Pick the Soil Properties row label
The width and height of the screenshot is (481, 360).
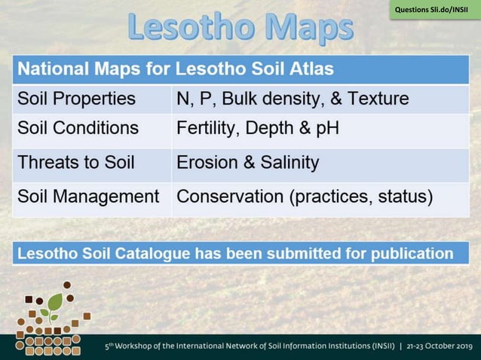pyautogui.click(x=76, y=99)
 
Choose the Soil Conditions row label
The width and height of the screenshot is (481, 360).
pyautogui.click(x=78, y=128)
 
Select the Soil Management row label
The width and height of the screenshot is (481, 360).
pyautogui.click(x=88, y=197)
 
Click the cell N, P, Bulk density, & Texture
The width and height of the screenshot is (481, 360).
pyautogui.click(x=293, y=99)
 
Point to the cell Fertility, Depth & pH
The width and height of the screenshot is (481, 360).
pyautogui.click(x=257, y=128)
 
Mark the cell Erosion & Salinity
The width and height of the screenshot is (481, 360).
pyautogui.click(x=247, y=162)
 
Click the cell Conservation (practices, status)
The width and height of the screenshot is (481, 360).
pyautogui.click(x=305, y=197)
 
